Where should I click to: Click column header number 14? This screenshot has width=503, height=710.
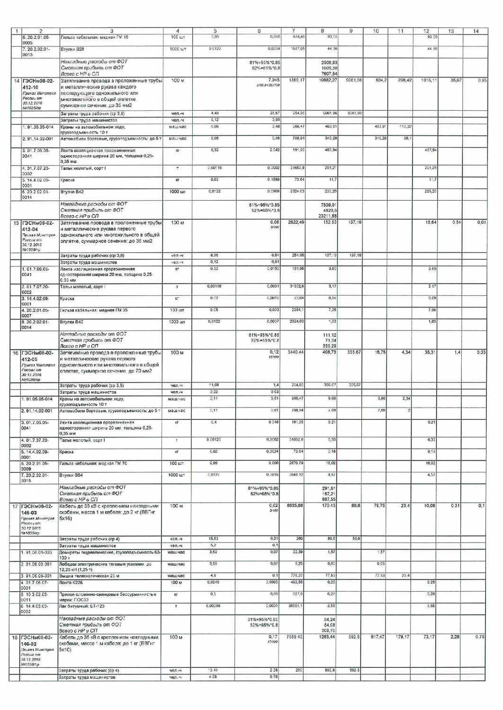476,31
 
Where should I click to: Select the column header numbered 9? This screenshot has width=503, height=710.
350,31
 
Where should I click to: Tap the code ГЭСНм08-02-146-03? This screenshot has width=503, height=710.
38,509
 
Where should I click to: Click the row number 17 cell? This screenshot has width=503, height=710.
16,506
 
